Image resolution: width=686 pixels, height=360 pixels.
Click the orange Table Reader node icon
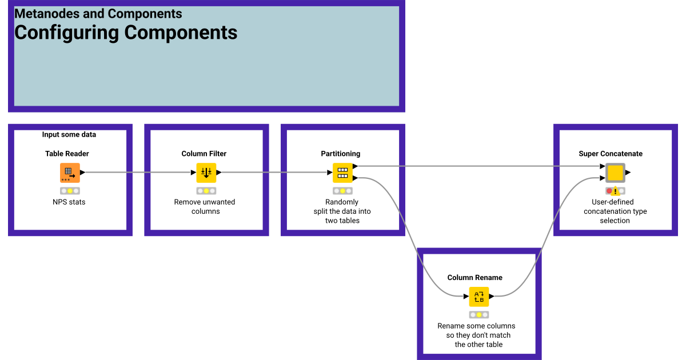coord(70,173)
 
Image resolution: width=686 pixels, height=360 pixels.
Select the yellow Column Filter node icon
coord(206,173)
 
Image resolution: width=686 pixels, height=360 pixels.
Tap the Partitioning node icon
coord(342,173)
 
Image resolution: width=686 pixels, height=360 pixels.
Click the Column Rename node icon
coord(479,297)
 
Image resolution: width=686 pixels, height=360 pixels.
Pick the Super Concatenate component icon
coord(615,173)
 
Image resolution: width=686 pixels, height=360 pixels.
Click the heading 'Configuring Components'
coord(126,33)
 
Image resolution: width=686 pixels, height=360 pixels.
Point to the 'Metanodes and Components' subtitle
coord(98,14)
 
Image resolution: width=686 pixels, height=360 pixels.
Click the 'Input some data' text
coord(69,135)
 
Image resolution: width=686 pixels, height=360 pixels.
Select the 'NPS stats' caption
coord(69,202)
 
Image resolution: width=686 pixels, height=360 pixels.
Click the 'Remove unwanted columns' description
coord(205,206)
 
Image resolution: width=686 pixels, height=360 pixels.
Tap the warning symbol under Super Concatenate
coord(615,191)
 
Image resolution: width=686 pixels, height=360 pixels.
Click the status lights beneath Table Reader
coord(70,191)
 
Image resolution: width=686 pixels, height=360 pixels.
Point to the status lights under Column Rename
coord(479,315)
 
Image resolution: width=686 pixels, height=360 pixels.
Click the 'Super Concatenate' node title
coord(611,154)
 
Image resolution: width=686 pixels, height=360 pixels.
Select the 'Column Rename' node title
coord(474,278)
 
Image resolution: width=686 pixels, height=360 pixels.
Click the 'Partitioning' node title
coord(340,154)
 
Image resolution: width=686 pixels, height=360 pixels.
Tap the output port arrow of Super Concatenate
coord(628,173)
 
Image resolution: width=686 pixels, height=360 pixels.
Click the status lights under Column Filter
coord(206,191)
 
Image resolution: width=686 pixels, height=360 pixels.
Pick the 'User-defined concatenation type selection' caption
coord(615,211)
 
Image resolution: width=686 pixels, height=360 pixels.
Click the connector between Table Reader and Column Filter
coord(137,173)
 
